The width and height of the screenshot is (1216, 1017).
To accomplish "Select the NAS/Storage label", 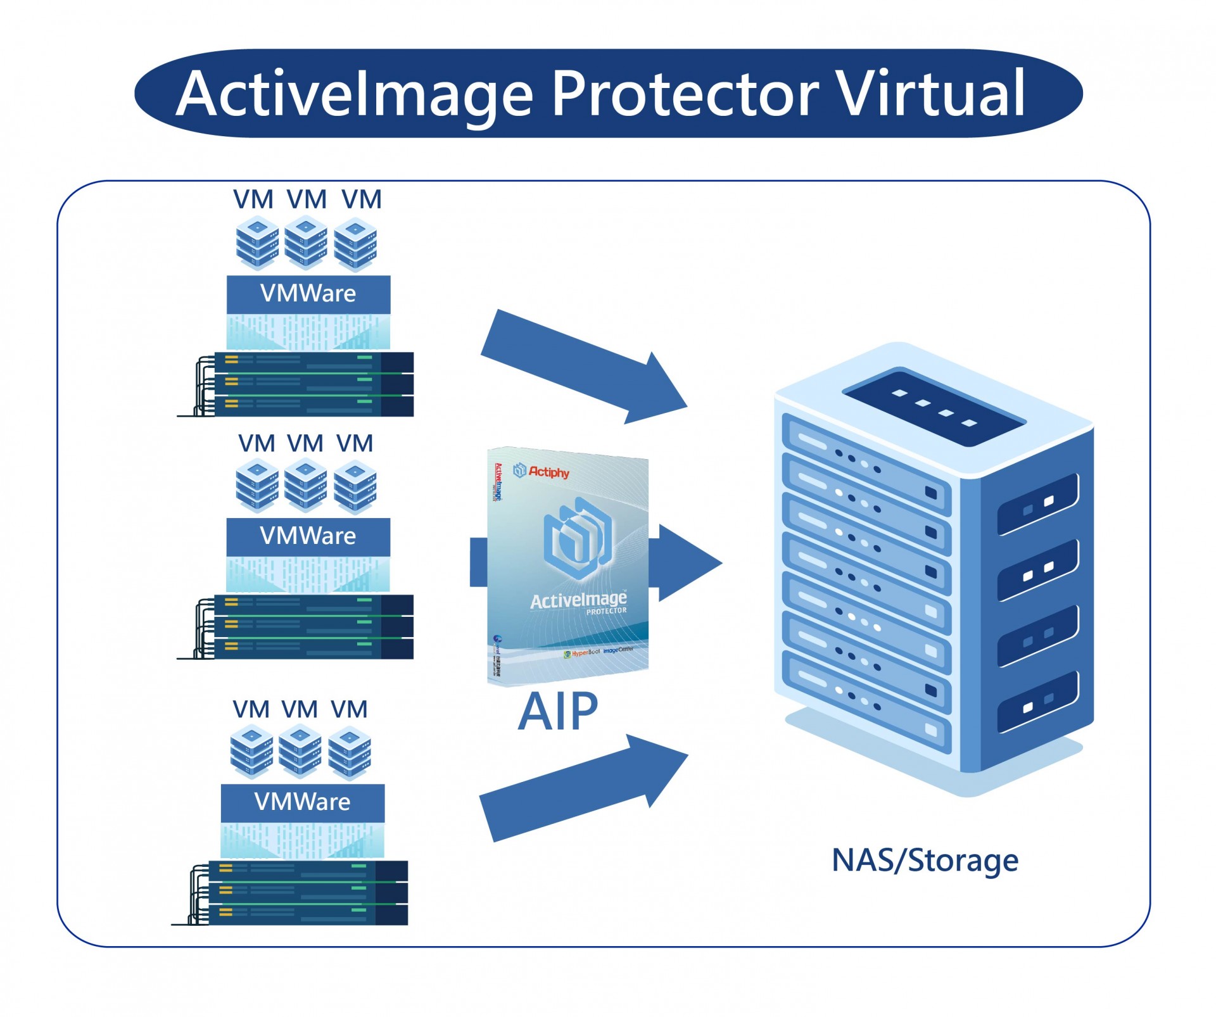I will (x=925, y=860).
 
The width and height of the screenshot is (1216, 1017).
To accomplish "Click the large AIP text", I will (x=557, y=712).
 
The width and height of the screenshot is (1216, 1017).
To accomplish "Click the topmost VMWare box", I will (x=308, y=294).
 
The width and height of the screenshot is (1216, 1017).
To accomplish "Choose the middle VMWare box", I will (x=308, y=536).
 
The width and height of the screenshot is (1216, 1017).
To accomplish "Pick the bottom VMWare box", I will (x=303, y=802).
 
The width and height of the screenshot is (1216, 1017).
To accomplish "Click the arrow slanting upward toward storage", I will (x=583, y=788).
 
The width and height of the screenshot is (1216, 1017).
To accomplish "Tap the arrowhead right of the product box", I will (x=687, y=562).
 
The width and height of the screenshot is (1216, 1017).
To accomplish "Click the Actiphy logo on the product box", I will (x=541, y=471).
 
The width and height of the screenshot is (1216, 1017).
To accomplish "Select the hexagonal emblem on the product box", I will (x=578, y=538).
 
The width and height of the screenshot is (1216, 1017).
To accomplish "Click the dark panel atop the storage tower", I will (x=934, y=405).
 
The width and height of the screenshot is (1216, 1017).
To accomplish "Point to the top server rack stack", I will (x=304, y=384).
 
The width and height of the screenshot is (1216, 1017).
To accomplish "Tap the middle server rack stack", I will (x=304, y=626).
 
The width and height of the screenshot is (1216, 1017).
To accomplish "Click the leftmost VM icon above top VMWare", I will (x=257, y=243).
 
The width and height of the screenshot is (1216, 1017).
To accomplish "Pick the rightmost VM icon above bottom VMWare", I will (x=350, y=753).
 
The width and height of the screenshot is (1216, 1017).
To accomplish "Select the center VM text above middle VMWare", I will (x=305, y=443).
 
